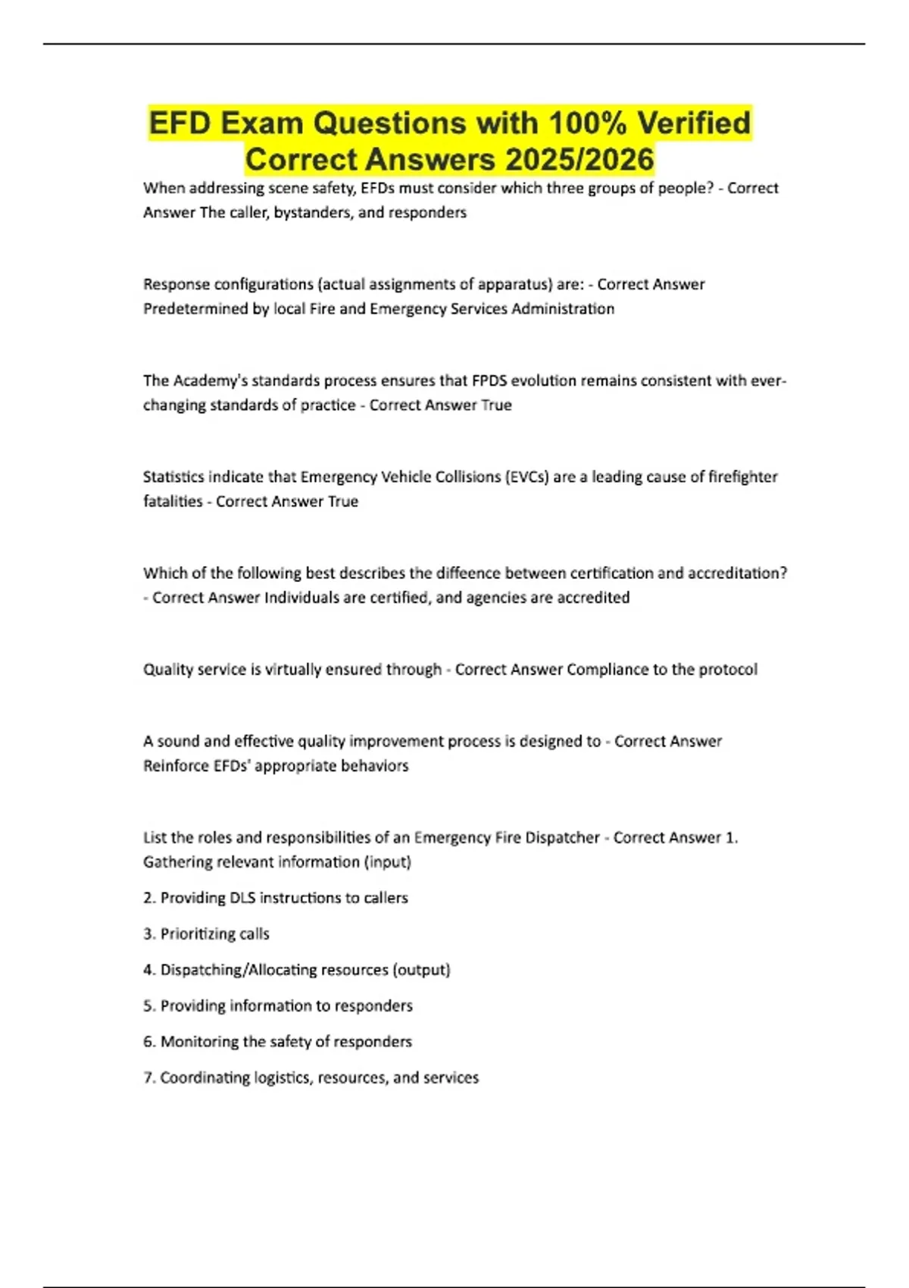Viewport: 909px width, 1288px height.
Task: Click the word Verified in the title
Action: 693,123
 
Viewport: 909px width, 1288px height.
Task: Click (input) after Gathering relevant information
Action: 387,862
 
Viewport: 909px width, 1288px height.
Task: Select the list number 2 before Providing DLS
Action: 148,898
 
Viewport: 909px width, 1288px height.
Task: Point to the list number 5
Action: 148,1006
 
